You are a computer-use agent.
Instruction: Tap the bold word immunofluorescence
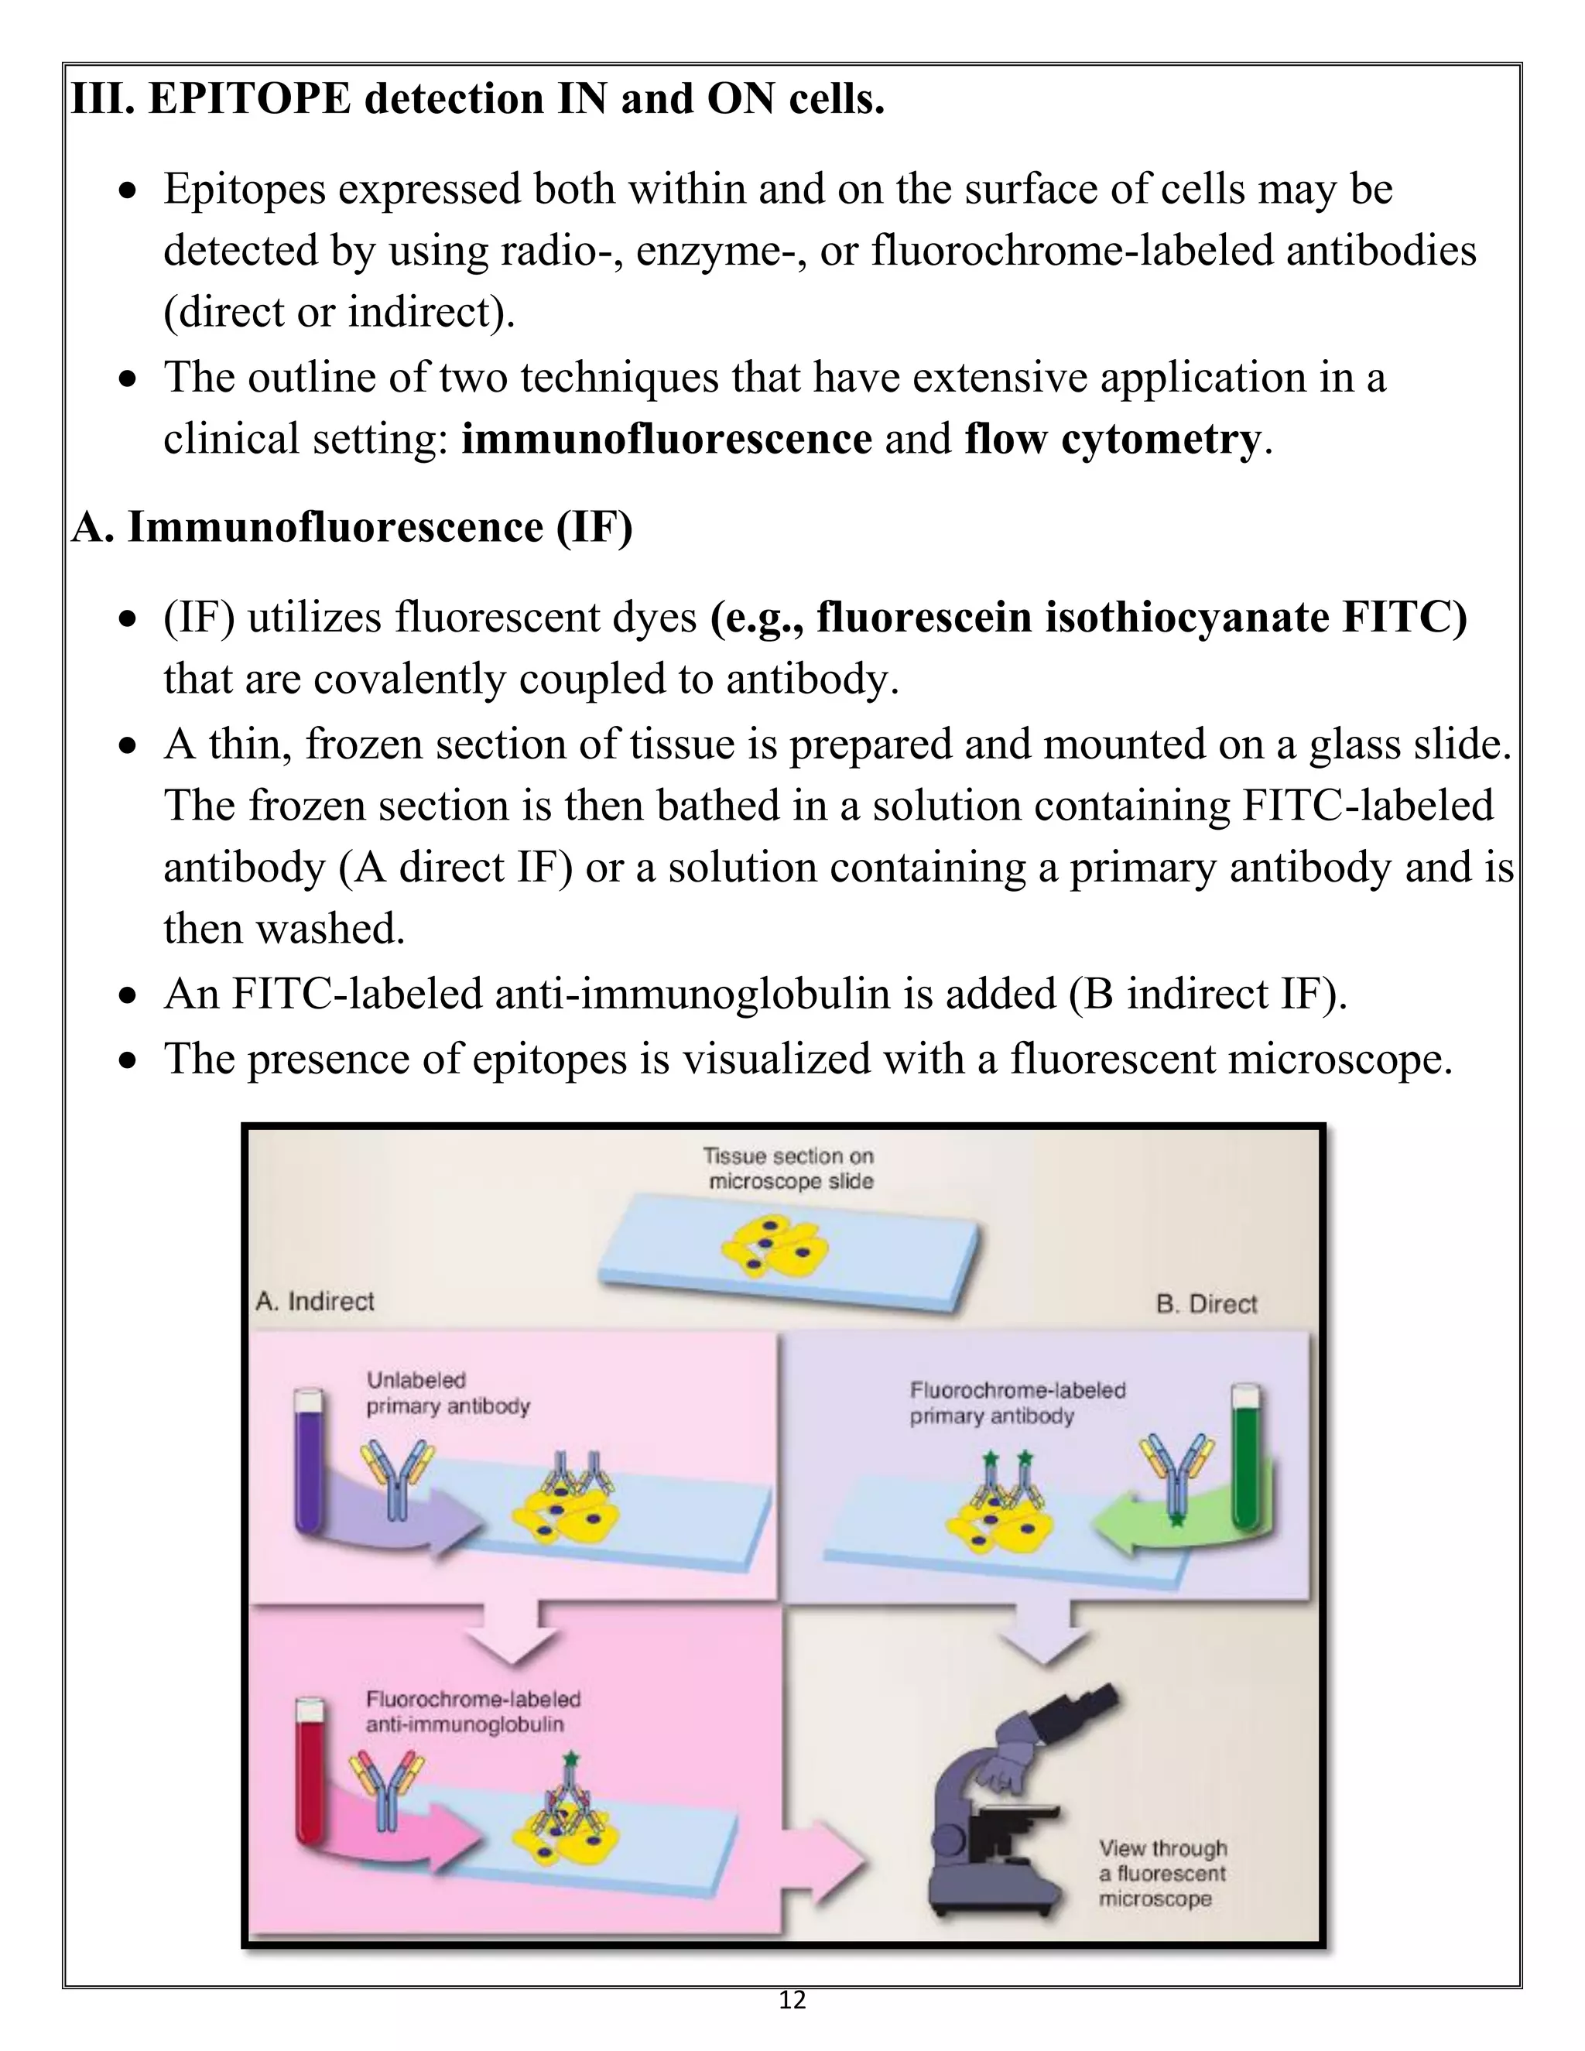666,439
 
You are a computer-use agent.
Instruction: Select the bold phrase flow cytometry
1113,439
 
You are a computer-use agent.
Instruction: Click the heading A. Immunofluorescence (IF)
352,527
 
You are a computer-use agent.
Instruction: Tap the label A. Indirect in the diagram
314,1301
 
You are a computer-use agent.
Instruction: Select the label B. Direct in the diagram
1206,1303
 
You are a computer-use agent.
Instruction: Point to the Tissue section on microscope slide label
789,1168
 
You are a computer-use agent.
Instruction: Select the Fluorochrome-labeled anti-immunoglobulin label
472,1711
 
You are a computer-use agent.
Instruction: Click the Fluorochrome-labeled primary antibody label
1016,1402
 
